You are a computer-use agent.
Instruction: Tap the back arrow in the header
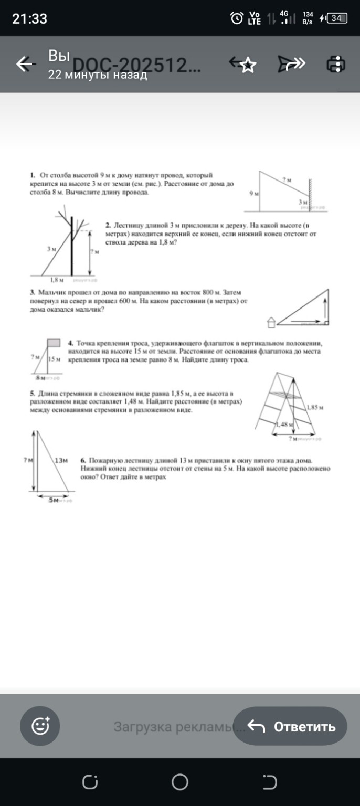[25, 64]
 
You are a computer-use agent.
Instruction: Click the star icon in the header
[247, 65]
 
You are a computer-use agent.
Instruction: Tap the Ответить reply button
[290, 726]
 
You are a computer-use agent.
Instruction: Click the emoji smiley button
[40, 726]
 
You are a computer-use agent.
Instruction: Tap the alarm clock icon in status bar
[237, 18]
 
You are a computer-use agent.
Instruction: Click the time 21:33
[30, 19]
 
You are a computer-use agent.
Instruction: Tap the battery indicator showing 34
[336, 18]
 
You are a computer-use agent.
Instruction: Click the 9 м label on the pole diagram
[254, 194]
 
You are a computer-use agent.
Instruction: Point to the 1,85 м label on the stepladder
[315, 407]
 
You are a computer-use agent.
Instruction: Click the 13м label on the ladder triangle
[61, 460]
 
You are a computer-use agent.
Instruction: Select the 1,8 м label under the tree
[57, 280]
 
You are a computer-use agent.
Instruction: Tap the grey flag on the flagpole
[54, 343]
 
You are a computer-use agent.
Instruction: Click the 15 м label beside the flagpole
[55, 359]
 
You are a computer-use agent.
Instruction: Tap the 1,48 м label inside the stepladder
[284, 425]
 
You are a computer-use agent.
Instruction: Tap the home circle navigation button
[180, 782]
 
